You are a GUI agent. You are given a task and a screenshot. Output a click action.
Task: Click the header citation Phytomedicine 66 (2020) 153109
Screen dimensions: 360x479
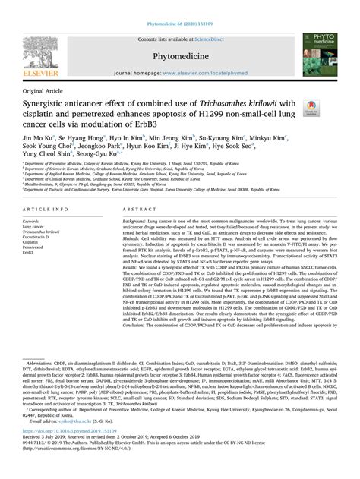[180, 8]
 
